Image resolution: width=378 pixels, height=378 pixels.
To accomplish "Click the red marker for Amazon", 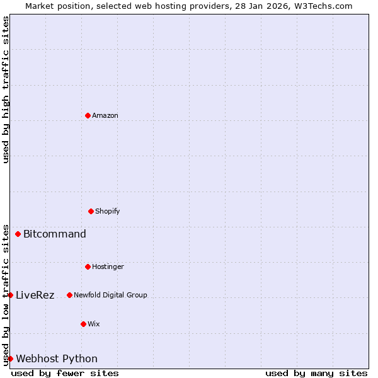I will [x=88, y=115].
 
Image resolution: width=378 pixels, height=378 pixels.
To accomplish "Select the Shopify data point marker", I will [x=91, y=211].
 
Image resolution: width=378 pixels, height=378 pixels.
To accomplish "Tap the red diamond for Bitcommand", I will [x=18, y=234].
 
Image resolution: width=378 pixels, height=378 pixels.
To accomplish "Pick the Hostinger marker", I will [x=88, y=266].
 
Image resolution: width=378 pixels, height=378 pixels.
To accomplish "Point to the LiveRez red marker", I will [x=10, y=295].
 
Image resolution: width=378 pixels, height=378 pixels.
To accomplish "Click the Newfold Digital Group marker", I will [x=69, y=295].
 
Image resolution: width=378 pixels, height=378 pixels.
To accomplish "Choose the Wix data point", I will [x=83, y=324].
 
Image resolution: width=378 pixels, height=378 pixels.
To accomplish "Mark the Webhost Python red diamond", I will [x=10, y=358].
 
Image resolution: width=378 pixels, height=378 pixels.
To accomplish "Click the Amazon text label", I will [x=105, y=115].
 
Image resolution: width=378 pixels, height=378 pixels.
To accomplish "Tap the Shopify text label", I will [x=108, y=211].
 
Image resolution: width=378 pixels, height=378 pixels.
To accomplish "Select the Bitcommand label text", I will [x=55, y=234].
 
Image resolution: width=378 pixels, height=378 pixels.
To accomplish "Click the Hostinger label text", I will [x=108, y=266].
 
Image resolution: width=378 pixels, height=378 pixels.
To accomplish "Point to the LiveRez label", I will [x=35, y=295].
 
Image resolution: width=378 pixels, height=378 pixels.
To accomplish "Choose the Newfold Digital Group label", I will [x=110, y=295].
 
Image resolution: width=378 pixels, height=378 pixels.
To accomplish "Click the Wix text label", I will [x=94, y=324].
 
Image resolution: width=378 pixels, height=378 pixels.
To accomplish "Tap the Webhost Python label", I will [x=57, y=359].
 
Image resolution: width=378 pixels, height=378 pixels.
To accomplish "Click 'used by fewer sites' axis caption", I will [x=65, y=373].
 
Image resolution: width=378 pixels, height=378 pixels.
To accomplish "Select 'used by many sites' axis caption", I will [x=316, y=373].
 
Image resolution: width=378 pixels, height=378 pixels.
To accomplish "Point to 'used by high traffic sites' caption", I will [x=6, y=89].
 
